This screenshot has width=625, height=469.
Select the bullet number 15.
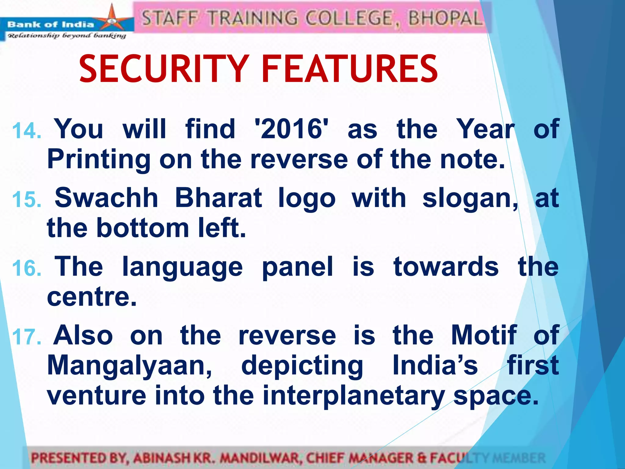tap(27, 200)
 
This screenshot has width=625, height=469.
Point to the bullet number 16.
tap(27, 268)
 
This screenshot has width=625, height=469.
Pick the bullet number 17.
tap(27, 337)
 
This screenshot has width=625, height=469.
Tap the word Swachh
tap(106, 198)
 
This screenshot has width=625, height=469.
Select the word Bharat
tap(219, 198)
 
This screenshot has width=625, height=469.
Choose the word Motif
tap(484, 335)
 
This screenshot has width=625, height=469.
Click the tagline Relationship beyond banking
tap(67, 36)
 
